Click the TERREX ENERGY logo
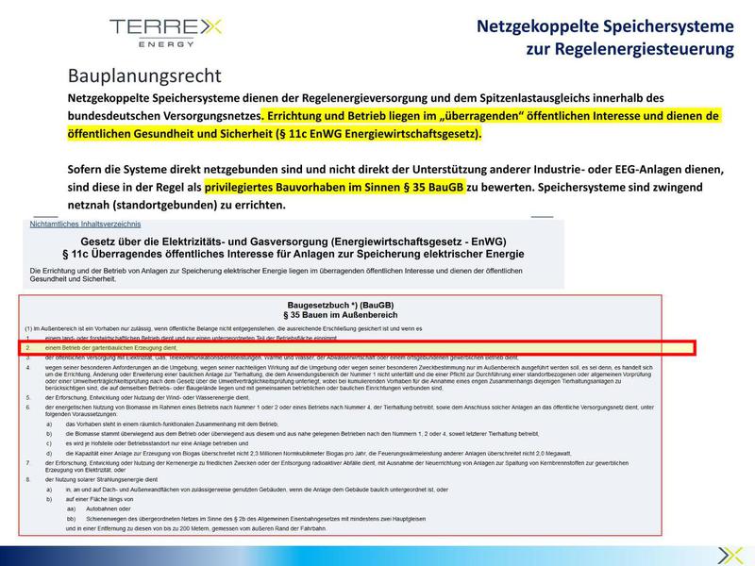click(165, 30)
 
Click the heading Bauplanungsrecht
click(144, 75)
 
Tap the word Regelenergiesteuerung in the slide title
click(629, 48)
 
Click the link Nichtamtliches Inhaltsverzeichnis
click(86, 225)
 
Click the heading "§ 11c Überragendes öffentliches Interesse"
click(293, 255)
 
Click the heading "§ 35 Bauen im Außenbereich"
click(344, 315)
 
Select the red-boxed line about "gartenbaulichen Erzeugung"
click(359, 348)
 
